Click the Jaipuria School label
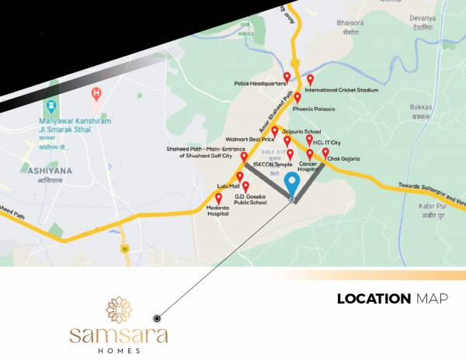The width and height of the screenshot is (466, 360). (x=301, y=132)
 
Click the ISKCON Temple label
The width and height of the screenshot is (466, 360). (x=273, y=164)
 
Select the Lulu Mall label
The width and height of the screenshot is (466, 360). (x=225, y=187)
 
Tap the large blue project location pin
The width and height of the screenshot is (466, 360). (x=292, y=185)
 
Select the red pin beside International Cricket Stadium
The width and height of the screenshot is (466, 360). (x=311, y=79)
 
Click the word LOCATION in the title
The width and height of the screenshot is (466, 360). (x=374, y=299)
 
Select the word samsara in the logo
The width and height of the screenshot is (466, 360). (x=119, y=335)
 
